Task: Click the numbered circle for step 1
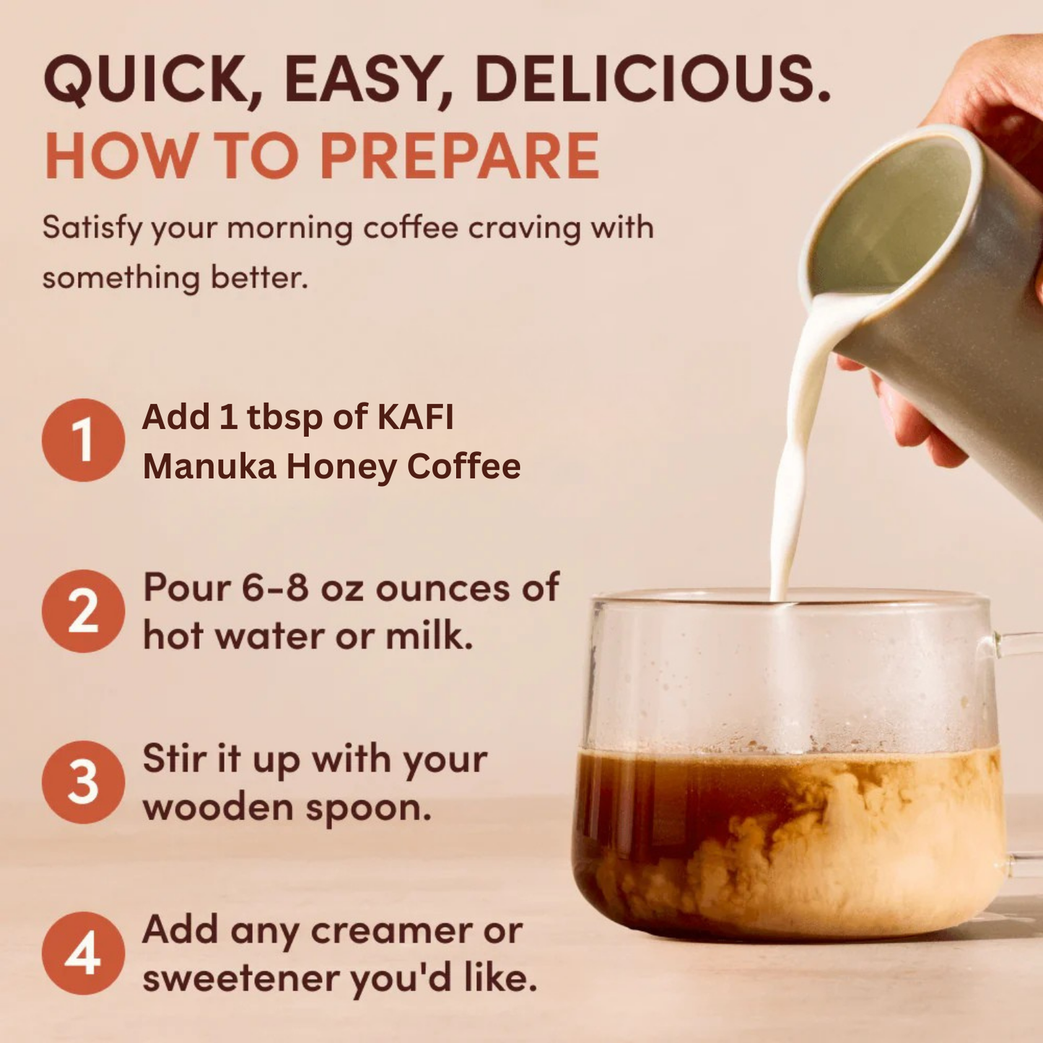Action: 83,440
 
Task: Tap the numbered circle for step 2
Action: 83,611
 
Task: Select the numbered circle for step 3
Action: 83,782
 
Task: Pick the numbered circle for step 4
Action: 83,953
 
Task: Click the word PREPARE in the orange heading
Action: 460,156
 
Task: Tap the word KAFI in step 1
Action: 416,417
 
